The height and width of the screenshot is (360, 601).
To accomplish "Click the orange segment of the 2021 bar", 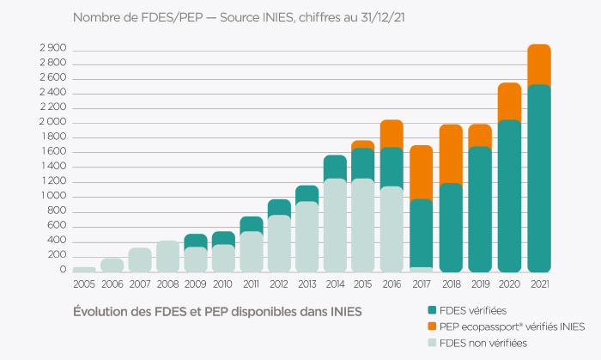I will [x=537, y=64].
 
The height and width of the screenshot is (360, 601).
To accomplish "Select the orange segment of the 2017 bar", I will [x=421, y=172].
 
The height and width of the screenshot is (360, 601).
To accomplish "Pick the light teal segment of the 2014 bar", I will [x=335, y=224].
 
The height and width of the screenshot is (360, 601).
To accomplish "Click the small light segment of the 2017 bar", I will [x=421, y=269].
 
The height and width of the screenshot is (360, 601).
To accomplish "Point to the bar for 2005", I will [x=84, y=269].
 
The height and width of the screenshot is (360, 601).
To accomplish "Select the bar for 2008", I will [x=167, y=256].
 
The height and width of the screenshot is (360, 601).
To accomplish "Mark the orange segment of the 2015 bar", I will [x=363, y=144].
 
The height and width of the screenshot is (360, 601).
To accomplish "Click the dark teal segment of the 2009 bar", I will [x=196, y=241].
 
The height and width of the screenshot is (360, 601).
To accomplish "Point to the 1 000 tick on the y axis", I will [x=52, y=197].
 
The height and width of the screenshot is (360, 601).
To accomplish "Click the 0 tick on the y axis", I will [x=62, y=270].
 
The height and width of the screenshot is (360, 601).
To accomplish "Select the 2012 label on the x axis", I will [x=279, y=284].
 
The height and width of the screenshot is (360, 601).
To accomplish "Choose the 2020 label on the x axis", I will [x=509, y=284].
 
